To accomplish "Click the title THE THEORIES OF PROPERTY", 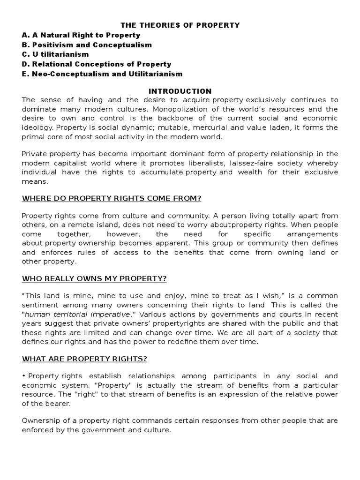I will click(180, 25).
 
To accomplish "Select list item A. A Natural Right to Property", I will click(81, 35).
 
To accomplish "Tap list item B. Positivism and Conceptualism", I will click(87, 45).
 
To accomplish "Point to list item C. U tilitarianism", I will click(55, 54).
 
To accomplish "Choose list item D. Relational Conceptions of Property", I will click(97, 64).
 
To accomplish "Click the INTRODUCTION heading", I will click(180, 91).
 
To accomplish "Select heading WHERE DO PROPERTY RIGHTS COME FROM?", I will click(112, 198).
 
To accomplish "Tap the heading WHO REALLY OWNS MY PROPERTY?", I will click(94, 278).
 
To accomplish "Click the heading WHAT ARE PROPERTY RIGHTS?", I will click(85, 359).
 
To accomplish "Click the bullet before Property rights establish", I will click(24, 376).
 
